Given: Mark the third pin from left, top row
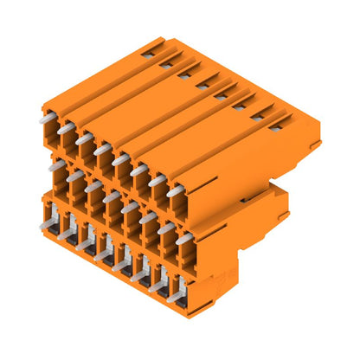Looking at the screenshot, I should click(83, 138).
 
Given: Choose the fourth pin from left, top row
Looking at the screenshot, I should click(101, 149).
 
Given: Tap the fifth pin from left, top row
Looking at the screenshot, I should click(119, 159).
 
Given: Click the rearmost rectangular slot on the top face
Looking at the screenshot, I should click(148, 54).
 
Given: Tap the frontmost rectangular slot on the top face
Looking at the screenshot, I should click(274, 127).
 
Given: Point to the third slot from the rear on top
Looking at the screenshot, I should click(184, 74).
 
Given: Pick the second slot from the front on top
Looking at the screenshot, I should click(257, 117).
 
